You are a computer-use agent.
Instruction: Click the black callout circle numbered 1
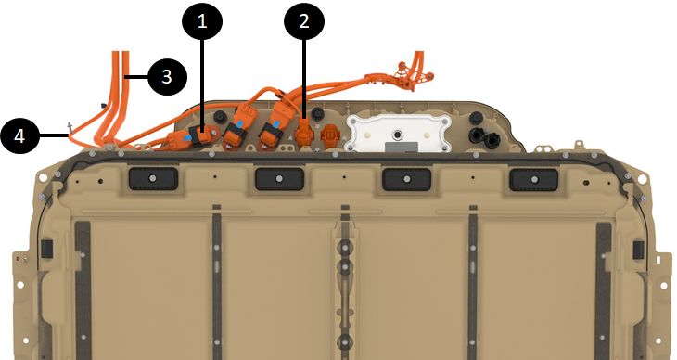pyautogui.click(x=202, y=20)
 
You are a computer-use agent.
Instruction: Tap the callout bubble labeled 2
pyautogui.click(x=304, y=20)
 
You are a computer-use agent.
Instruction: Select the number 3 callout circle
pyautogui.click(x=167, y=76)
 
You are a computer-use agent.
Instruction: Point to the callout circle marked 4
pyautogui.click(x=19, y=136)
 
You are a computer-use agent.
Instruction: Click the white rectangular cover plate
pyautogui.click(x=398, y=133)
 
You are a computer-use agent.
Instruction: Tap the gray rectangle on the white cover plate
pyautogui.click(x=402, y=147)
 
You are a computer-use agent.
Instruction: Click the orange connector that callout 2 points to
pyautogui.click(x=304, y=133)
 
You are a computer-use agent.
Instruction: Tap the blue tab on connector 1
pyautogui.click(x=187, y=137)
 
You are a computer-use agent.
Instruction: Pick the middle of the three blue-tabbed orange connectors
pyautogui.click(x=236, y=126)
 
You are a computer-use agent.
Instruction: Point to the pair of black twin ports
pyautogui.click(x=484, y=136)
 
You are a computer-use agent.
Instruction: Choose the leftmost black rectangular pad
pyautogui.click(x=153, y=178)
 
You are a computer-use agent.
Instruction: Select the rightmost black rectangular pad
pyautogui.click(x=534, y=179)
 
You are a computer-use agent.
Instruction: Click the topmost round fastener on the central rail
pyautogui.click(x=345, y=249)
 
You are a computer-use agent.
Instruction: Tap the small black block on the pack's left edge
pyautogui.click(x=46, y=249)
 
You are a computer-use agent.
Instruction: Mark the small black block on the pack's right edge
pyautogui.click(x=638, y=250)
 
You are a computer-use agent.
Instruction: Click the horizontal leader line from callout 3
pyautogui.click(x=136, y=77)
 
